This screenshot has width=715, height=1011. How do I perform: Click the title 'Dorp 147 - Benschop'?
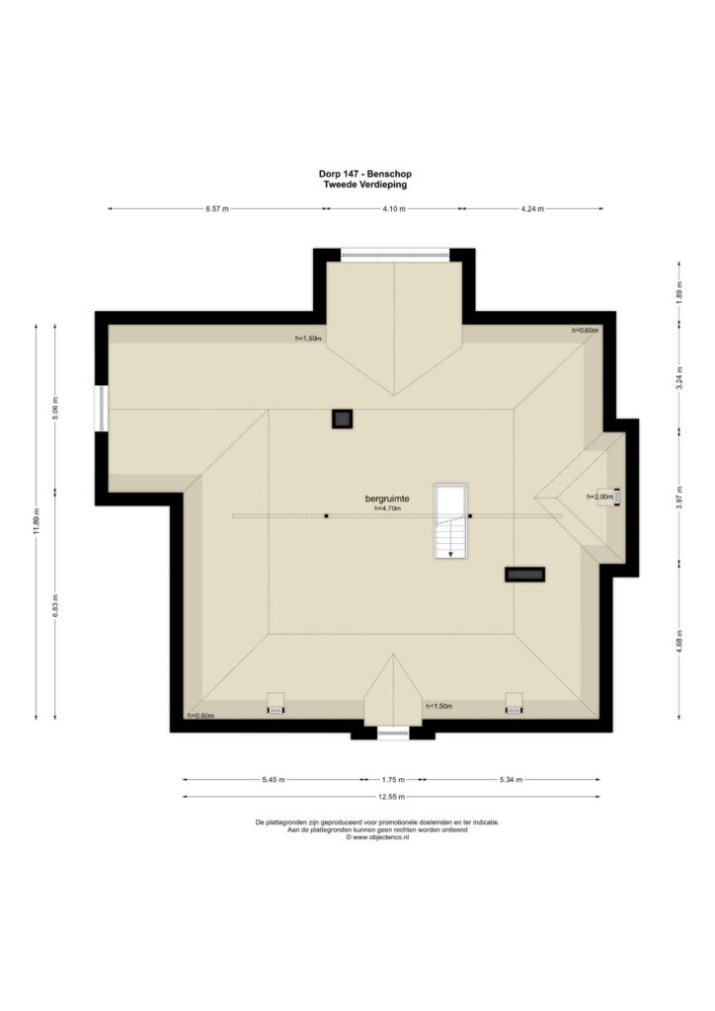click(365, 174)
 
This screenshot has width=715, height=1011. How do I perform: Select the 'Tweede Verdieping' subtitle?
click(365, 185)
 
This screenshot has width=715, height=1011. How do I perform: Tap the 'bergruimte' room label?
click(387, 499)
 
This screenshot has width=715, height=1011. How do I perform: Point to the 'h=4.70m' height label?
click(387, 508)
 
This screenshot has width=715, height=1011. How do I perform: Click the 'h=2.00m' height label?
click(599, 497)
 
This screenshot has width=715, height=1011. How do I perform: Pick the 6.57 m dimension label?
click(217, 209)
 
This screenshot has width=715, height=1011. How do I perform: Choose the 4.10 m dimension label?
click(394, 209)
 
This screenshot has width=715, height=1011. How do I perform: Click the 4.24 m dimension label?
click(532, 209)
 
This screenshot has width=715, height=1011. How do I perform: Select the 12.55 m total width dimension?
click(391, 797)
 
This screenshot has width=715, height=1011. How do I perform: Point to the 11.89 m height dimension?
click(37, 521)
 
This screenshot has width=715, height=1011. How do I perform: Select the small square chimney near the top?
click(342, 419)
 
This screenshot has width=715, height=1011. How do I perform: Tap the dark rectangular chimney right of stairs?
click(524, 575)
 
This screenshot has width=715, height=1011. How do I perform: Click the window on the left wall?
click(101, 408)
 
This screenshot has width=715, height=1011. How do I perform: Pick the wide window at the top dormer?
click(395, 255)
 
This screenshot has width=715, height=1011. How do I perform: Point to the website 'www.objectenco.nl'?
click(381, 837)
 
